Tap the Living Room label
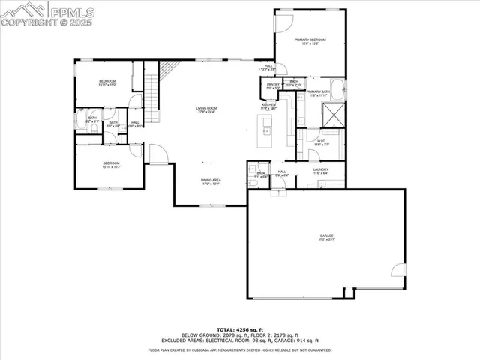point(206,110)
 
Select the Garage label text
point(326,237)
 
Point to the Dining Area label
point(210,181)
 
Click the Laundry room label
point(321,172)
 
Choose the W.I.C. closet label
point(320,142)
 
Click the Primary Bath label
point(318,93)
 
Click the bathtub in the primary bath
point(339,88)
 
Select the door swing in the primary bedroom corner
point(283,20)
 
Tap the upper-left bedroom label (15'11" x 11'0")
point(107,82)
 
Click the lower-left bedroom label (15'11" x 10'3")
point(111,164)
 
